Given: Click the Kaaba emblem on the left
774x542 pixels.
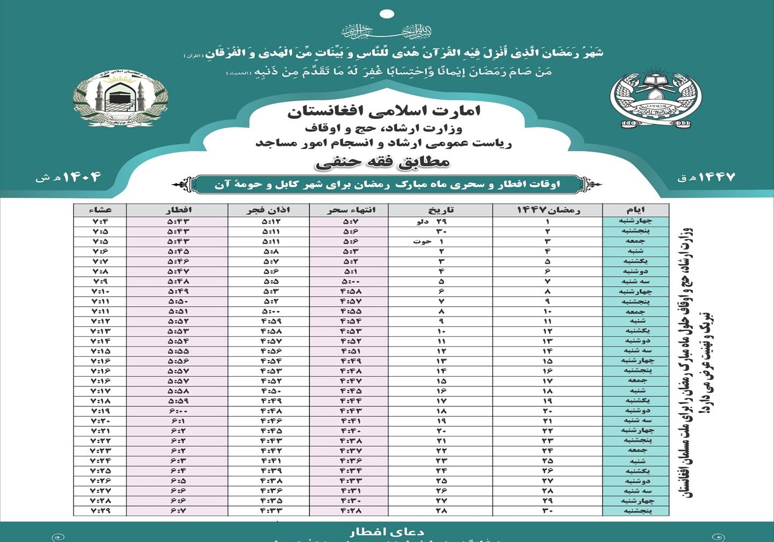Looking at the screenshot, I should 120,98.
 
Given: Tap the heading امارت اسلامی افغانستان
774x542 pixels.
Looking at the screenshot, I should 384,111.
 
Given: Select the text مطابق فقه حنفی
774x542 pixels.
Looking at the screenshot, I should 383,161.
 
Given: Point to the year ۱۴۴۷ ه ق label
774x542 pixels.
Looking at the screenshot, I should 706,177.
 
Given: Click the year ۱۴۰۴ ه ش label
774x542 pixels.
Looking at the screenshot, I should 68,177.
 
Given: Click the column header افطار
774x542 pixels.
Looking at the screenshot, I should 178,210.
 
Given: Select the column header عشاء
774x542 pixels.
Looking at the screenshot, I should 100,210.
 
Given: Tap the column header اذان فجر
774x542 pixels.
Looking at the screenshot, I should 268,210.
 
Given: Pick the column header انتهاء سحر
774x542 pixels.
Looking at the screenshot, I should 351,210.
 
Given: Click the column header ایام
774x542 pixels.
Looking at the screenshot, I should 636,210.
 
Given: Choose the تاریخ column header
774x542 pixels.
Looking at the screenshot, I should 441,210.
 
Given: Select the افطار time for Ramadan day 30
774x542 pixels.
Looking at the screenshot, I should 178,510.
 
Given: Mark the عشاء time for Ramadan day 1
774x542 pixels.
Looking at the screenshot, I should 100,221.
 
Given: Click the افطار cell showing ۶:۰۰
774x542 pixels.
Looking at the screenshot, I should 178,411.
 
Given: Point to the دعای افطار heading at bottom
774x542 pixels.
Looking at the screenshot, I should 386,532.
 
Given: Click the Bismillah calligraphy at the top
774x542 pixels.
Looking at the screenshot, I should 386,31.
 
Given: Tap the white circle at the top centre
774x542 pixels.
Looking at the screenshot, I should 386,14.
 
